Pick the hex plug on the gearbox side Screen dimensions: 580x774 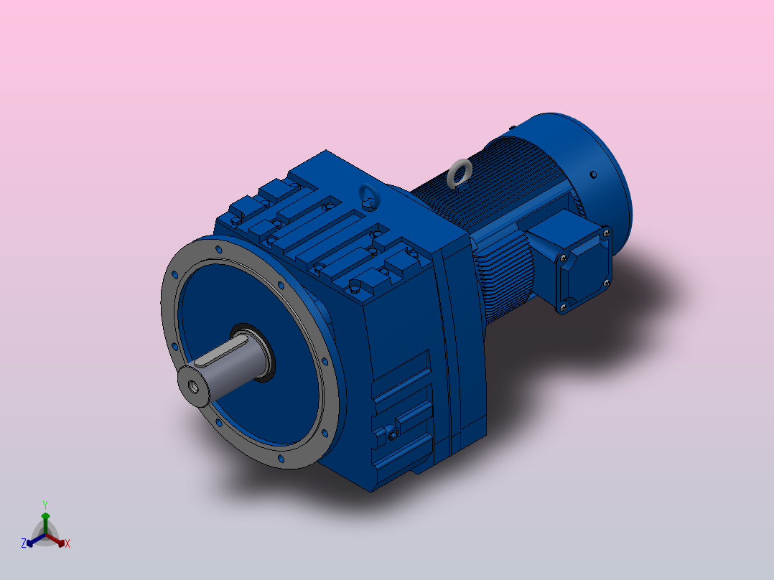pyautogui.click(x=392, y=434)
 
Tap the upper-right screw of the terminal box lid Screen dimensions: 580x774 pyautogui.click(x=605, y=233)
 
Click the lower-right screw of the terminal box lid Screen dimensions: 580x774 pyautogui.click(x=607, y=283)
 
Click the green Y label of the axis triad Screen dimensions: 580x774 pyautogui.click(x=45, y=505)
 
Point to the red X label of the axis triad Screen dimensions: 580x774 pyautogui.click(x=67, y=544)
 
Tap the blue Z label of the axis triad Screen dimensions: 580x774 pyautogui.click(x=24, y=543)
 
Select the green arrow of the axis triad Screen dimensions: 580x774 pyautogui.click(x=45, y=518)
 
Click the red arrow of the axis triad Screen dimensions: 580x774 pyautogui.click(x=59, y=541)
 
